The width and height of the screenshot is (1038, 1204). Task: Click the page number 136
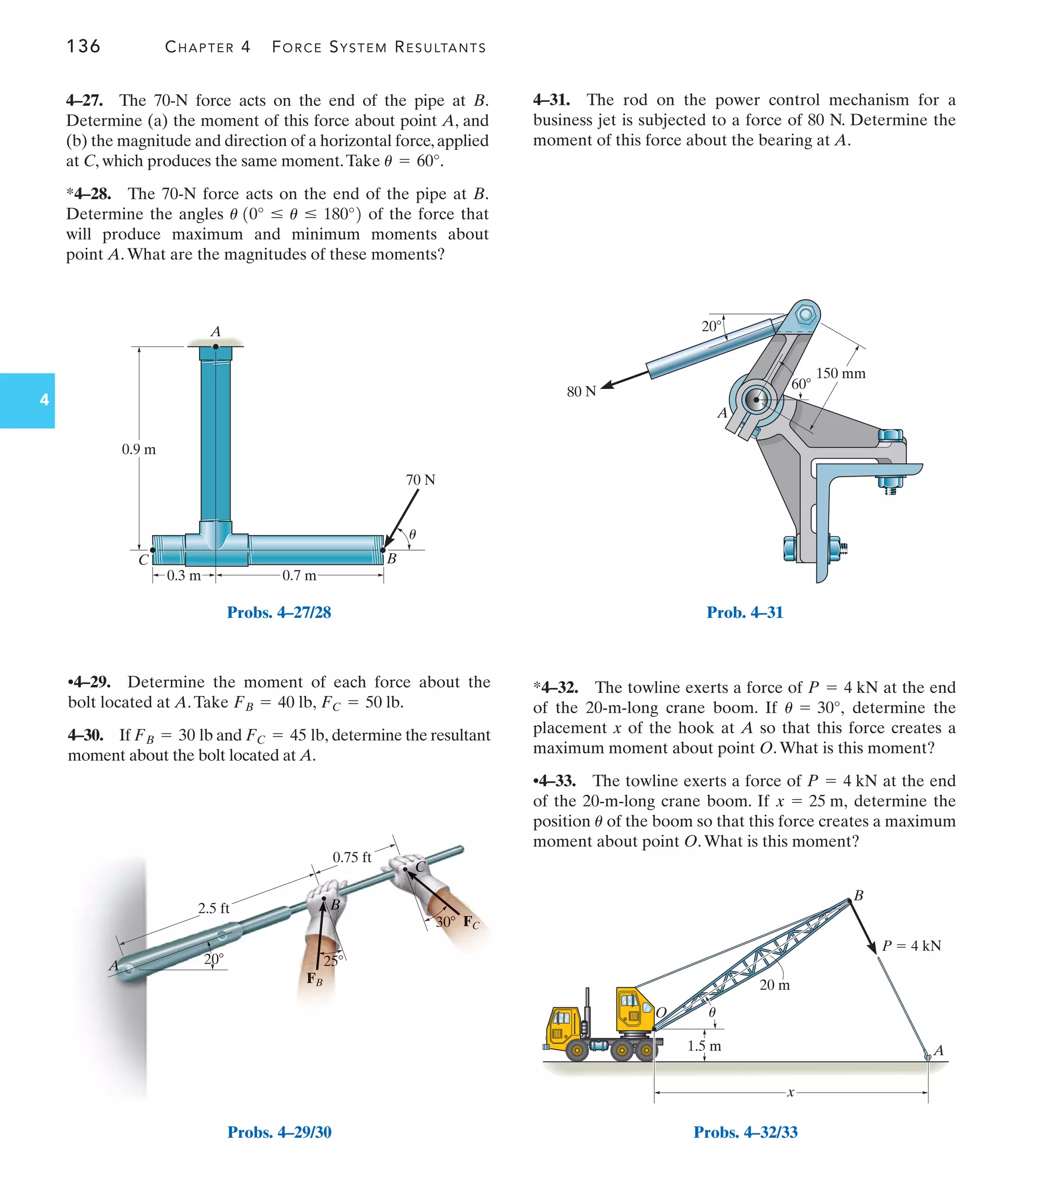click(x=83, y=46)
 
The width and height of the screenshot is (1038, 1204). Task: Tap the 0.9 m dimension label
click(x=138, y=449)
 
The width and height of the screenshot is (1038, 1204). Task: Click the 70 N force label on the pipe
click(x=420, y=479)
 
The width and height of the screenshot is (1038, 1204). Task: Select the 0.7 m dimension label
click(x=299, y=575)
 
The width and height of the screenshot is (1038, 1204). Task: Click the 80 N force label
click(x=581, y=391)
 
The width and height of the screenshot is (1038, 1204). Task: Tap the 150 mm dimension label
click(x=840, y=373)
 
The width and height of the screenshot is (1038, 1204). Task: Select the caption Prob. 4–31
click(x=745, y=612)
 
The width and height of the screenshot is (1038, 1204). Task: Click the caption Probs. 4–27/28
click(x=279, y=612)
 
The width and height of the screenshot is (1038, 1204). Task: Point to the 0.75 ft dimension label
click(x=351, y=857)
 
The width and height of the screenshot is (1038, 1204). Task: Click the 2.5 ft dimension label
click(x=213, y=908)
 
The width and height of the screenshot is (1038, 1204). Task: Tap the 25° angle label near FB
click(x=333, y=960)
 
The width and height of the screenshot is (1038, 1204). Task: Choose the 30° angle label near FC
click(x=446, y=921)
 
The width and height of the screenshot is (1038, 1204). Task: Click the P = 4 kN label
click(x=911, y=945)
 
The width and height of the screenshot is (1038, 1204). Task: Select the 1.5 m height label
click(x=703, y=1046)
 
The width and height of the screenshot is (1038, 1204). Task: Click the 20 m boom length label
click(x=774, y=985)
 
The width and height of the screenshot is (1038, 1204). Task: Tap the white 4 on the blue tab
click(x=44, y=400)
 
